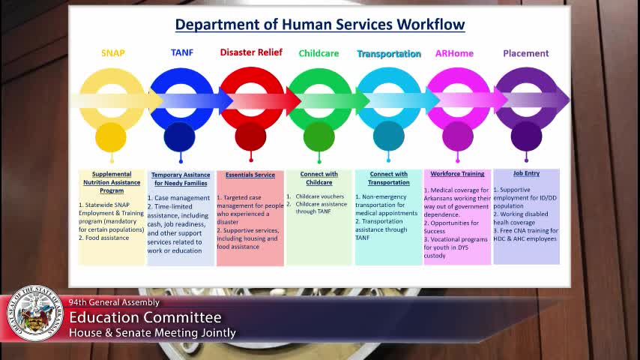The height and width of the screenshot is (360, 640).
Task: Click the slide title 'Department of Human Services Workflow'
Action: [320, 25]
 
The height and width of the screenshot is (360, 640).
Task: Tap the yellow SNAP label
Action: [113, 53]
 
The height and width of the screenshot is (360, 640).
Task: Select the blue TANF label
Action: [182, 53]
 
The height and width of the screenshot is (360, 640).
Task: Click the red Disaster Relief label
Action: [251, 52]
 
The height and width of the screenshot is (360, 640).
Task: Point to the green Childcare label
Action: [319, 53]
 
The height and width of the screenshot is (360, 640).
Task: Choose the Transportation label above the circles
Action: [389, 54]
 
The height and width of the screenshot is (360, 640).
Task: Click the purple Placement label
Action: [525, 53]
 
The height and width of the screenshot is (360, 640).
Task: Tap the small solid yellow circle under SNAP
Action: [111, 136]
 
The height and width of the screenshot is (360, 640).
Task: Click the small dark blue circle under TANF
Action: [180, 136]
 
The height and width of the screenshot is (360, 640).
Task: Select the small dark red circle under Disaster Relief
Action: [250, 136]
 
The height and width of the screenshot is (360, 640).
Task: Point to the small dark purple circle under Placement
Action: [526, 136]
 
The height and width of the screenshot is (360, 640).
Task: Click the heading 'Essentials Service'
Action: [250, 175]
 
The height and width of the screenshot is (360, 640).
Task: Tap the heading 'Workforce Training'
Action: [457, 174]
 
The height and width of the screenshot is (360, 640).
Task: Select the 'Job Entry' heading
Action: [526, 173]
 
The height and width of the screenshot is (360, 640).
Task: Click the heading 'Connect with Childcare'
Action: [319, 178]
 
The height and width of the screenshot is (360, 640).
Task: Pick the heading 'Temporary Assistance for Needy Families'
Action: [181, 178]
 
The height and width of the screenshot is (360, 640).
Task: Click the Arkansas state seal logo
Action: [35, 313]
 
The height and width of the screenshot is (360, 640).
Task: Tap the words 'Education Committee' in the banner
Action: [145, 318]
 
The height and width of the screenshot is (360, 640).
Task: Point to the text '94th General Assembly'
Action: [114, 302]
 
